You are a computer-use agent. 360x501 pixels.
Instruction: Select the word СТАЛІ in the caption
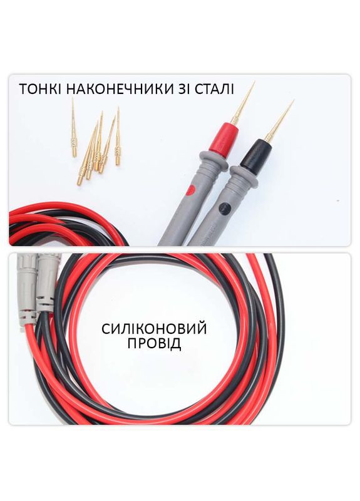click(x=214, y=89)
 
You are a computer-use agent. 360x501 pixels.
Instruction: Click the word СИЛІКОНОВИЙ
click(x=154, y=328)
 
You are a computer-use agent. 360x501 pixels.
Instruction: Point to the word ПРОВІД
click(x=154, y=344)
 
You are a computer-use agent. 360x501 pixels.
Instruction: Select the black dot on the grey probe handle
click(x=225, y=208)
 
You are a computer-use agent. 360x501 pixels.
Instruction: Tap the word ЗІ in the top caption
click(x=183, y=89)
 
